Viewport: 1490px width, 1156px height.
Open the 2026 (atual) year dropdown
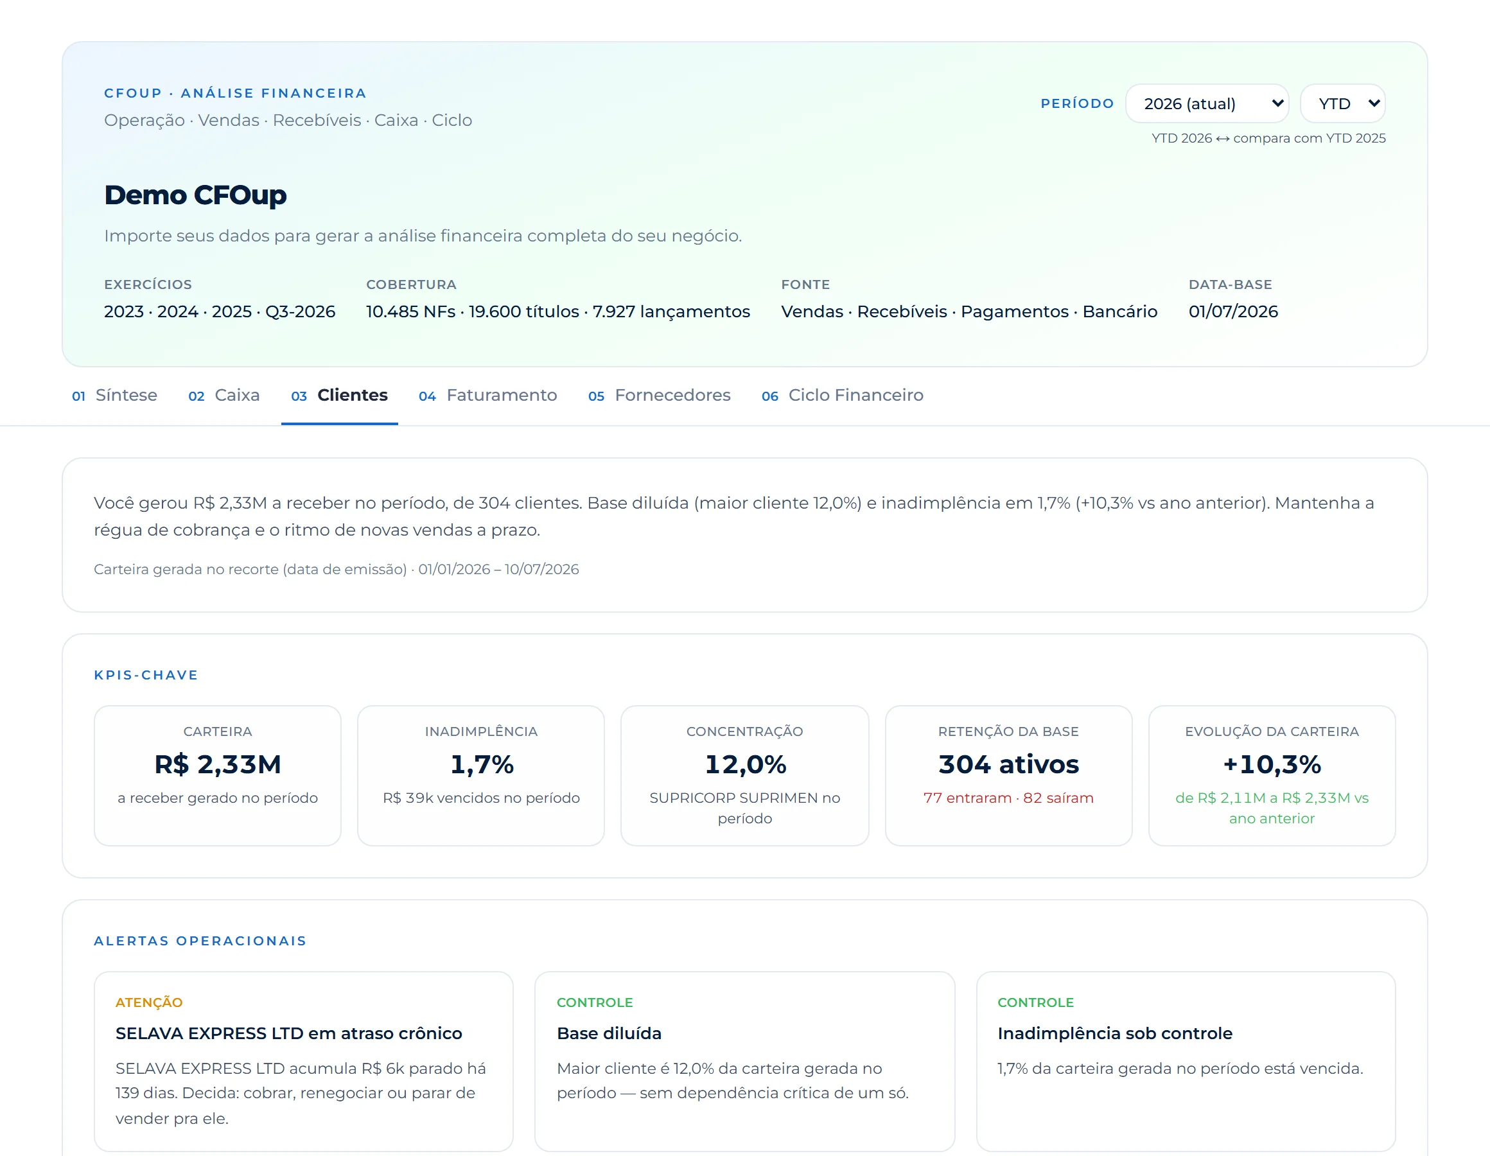pyautogui.click(x=1206, y=104)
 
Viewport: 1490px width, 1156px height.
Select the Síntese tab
pyautogui.click(x=114, y=395)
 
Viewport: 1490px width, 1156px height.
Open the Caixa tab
pyautogui.click(x=223, y=395)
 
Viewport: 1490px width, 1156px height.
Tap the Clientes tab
pyautogui.click(x=339, y=395)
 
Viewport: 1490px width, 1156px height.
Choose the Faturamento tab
pyautogui.click(x=488, y=395)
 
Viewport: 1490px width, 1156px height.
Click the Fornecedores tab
pyautogui.click(x=659, y=395)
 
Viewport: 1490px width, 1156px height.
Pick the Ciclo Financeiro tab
pyautogui.click(x=843, y=395)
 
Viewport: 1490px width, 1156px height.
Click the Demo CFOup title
pyautogui.click(x=195, y=195)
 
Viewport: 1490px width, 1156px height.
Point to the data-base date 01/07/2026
pyautogui.click(x=1233, y=312)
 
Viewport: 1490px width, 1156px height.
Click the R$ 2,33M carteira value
pyautogui.click(x=218, y=764)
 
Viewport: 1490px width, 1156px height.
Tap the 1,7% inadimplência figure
pyautogui.click(x=482, y=764)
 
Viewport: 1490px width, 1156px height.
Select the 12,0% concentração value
pyautogui.click(x=745, y=764)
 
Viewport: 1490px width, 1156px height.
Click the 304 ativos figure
pyautogui.click(x=1008, y=764)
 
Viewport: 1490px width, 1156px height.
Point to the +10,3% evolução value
pyautogui.click(x=1272, y=764)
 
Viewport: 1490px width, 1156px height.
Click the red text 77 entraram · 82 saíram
pyautogui.click(x=1008, y=798)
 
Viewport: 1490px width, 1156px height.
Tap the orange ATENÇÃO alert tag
pyautogui.click(x=149, y=1003)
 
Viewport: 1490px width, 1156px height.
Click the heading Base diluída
pyautogui.click(x=609, y=1033)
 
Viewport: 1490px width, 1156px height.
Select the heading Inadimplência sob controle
pyautogui.click(x=1115, y=1033)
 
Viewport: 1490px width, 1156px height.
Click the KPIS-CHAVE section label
pyautogui.click(x=146, y=675)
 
